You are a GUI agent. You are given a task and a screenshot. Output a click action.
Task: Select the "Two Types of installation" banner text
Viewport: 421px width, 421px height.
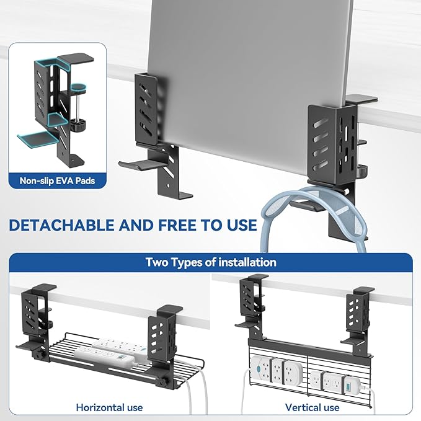point(211,262)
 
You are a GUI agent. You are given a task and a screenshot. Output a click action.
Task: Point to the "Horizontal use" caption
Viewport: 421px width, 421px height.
point(109,407)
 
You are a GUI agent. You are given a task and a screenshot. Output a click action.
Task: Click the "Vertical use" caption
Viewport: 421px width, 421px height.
point(312,407)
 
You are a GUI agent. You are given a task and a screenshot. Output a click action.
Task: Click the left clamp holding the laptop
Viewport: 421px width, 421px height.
point(148,124)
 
